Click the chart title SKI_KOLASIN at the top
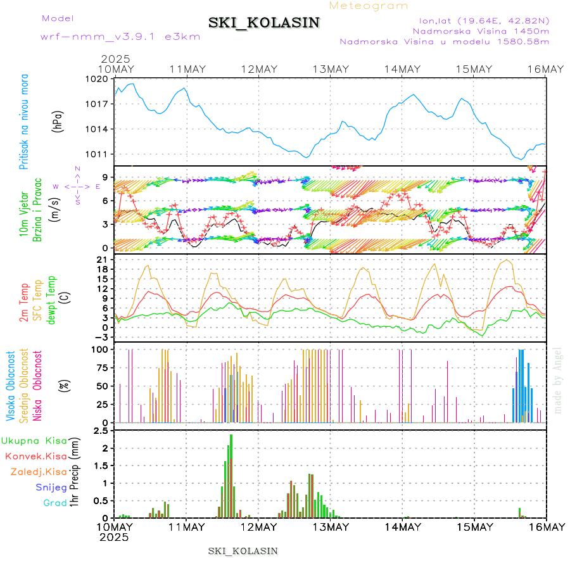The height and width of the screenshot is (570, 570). pos(264,23)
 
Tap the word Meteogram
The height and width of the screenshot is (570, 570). pos(369,6)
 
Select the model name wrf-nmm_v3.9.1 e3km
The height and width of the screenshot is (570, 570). pos(120,37)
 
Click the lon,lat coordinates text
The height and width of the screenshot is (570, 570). pos(480,20)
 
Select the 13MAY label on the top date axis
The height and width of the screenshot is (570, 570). pos(331,69)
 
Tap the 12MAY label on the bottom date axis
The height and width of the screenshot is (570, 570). pos(258,527)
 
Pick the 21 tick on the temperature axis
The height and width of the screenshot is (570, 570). pos(102,260)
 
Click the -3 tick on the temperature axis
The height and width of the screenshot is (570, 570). pos(101,336)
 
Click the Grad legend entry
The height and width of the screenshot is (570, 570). pos(54,503)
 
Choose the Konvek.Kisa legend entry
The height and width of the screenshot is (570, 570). pos(35,455)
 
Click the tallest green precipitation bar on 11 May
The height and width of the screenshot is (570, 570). pos(231,475)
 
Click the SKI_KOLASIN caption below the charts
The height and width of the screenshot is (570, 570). pos(243,551)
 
